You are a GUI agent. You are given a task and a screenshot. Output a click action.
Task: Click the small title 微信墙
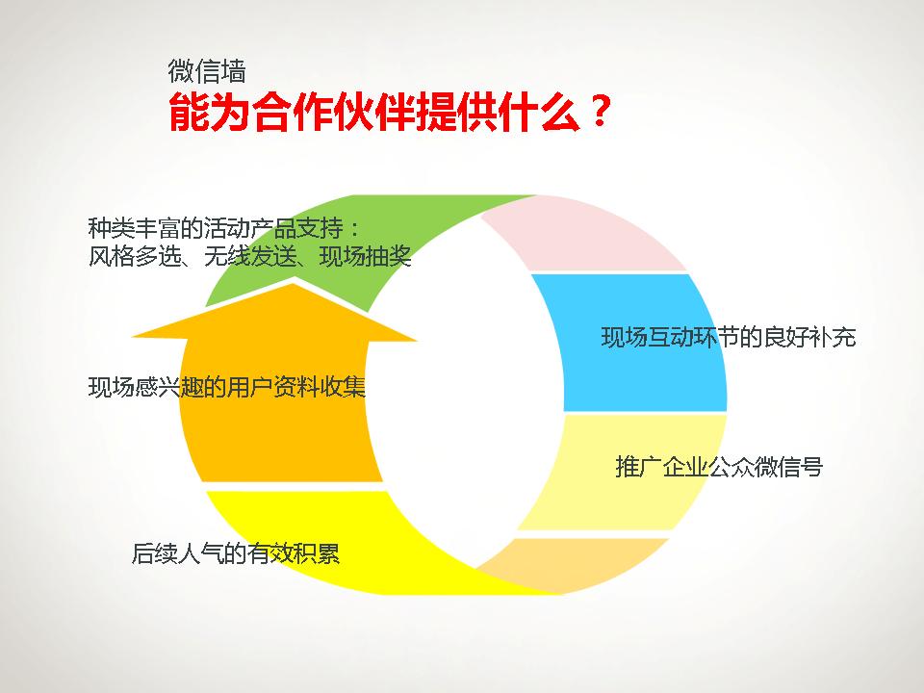coord(206,71)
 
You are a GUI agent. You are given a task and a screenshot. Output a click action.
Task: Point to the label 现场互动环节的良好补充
coord(728,338)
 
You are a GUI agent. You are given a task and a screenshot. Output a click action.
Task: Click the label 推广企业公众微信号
coord(718,468)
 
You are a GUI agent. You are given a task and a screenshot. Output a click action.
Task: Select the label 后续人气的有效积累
coord(236,554)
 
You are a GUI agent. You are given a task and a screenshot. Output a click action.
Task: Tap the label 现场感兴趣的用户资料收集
coord(227,388)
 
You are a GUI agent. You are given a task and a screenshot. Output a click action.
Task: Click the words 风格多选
coord(135,257)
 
